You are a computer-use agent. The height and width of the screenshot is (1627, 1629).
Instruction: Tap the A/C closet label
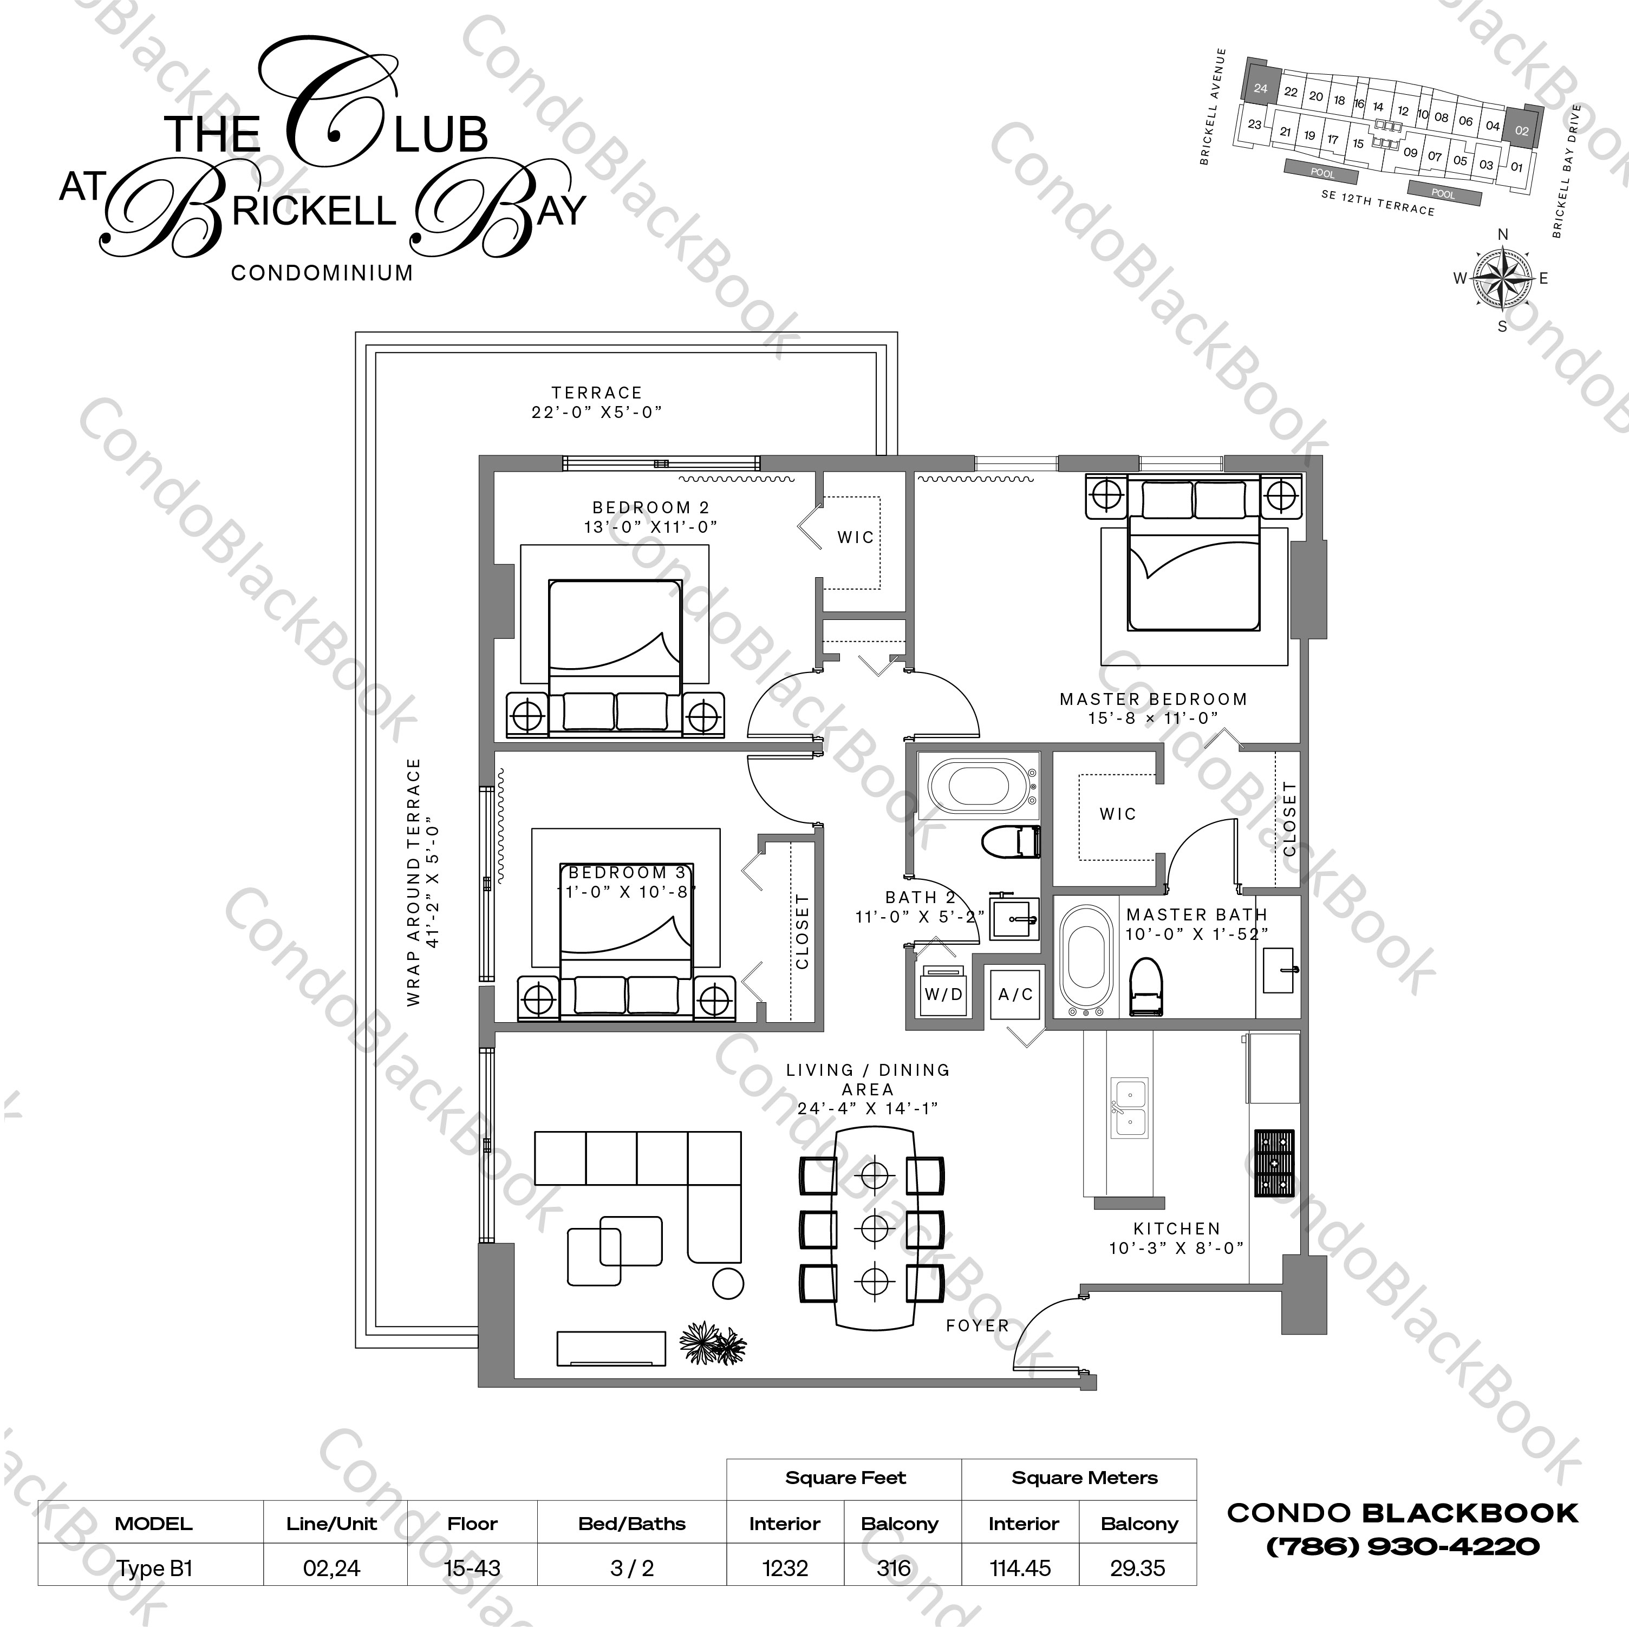click(1015, 995)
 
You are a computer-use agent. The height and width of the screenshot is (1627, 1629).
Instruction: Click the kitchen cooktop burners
click(1274, 1164)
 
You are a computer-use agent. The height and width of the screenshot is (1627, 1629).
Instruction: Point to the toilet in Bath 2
click(1011, 841)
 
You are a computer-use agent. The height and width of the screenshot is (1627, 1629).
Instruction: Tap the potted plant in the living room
click(713, 1343)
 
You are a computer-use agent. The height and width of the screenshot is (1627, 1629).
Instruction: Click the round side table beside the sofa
click(728, 1284)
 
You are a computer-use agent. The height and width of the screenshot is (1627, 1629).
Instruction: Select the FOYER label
click(977, 1326)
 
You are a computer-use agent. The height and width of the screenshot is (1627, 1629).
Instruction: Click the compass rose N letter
click(1502, 234)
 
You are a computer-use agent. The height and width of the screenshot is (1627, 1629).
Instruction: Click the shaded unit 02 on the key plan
click(1522, 130)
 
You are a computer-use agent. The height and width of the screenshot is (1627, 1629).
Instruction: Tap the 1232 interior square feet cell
click(785, 1568)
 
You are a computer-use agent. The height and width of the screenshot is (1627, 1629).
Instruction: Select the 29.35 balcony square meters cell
click(1137, 1568)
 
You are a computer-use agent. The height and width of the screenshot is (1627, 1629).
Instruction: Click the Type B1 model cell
click(154, 1568)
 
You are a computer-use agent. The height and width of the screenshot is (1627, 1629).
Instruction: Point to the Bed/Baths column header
click(631, 1523)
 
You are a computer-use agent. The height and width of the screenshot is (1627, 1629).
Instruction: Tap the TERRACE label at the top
click(597, 393)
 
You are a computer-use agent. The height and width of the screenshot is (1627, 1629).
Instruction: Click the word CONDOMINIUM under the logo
click(322, 273)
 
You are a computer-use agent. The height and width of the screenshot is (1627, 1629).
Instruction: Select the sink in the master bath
click(1278, 970)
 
